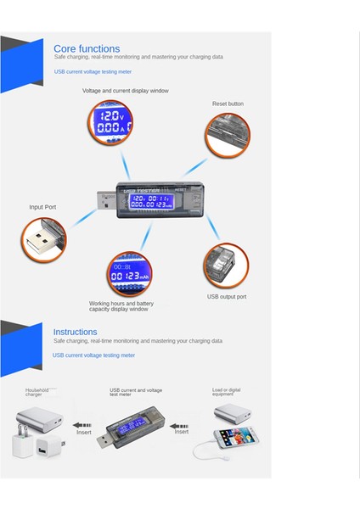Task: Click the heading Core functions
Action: (87, 49)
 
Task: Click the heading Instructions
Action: (75, 332)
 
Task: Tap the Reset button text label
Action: (228, 103)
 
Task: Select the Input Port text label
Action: (42, 207)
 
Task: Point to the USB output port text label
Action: (226, 297)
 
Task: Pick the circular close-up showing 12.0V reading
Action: (111, 121)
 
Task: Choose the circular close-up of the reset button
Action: (227, 135)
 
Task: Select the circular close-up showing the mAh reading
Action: (128, 273)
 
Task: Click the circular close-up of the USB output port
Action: (223, 265)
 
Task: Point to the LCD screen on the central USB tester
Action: (143, 201)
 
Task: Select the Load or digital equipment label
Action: (226, 392)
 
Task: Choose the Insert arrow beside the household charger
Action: (82, 426)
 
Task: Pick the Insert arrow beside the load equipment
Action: (181, 426)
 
